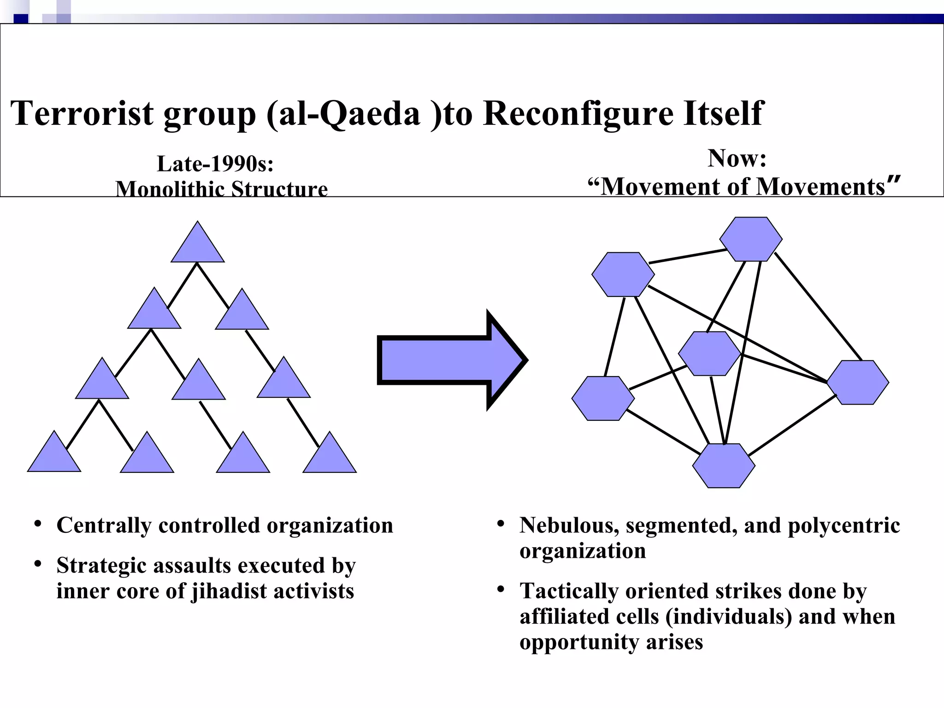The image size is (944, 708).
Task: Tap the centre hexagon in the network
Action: [x=709, y=354]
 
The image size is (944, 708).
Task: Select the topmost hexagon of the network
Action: [x=751, y=239]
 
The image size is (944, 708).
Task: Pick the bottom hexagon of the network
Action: [x=724, y=466]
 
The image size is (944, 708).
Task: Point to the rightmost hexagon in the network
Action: [x=857, y=382]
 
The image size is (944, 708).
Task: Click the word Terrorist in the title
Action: [x=82, y=113]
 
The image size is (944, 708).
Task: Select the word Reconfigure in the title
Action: [x=578, y=113]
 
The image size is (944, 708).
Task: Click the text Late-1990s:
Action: [x=215, y=164]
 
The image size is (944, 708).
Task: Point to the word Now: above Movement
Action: [x=737, y=158]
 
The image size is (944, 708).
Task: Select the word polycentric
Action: [x=844, y=525]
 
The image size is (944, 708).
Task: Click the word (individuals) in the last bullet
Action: [x=729, y=617]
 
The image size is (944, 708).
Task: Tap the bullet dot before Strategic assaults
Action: [x=38, y=564]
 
